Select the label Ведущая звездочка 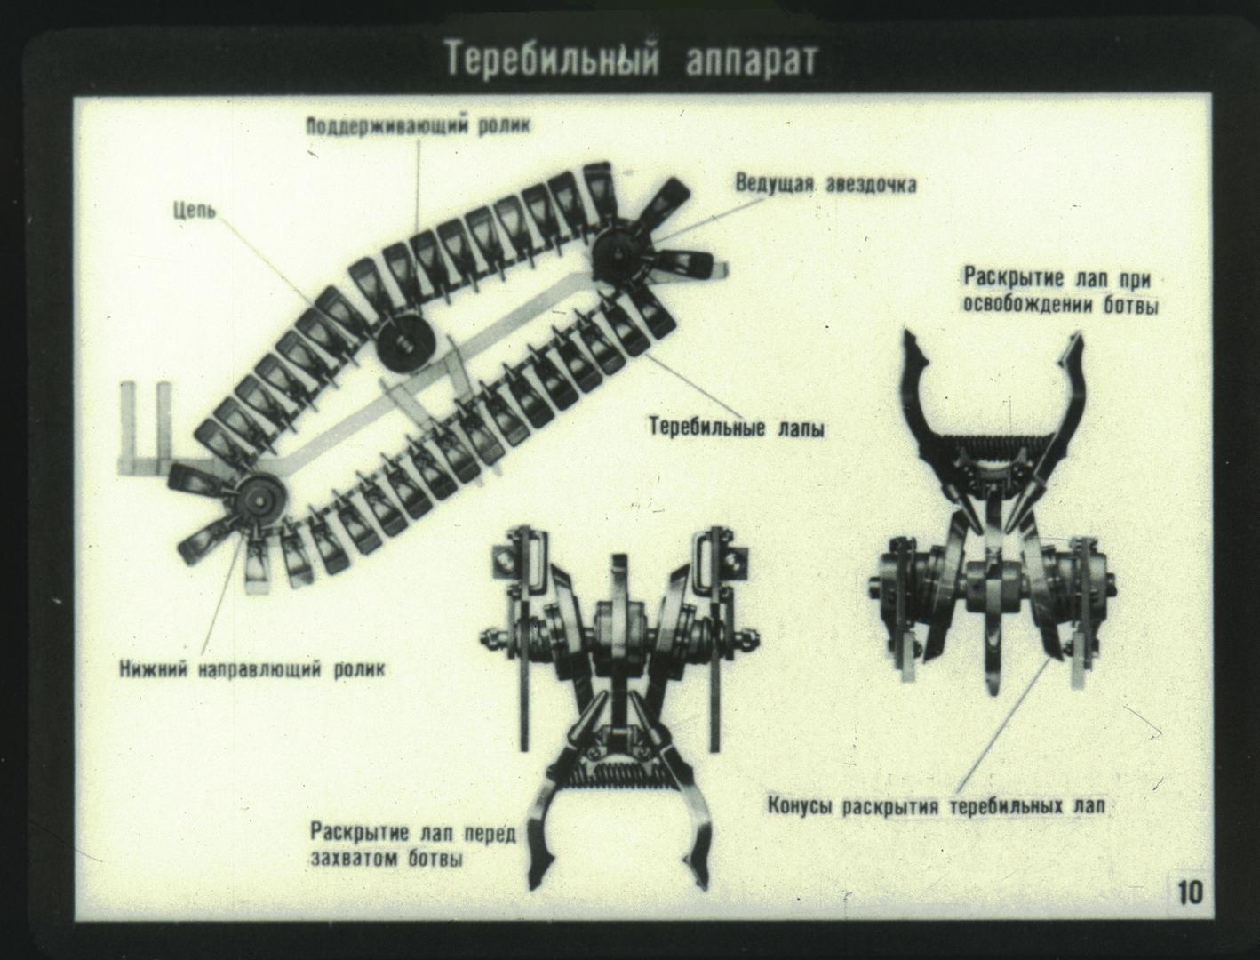(x=826, y=184)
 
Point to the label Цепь (x=195, y=212)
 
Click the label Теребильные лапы (x=737, y=428)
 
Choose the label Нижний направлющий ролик (x=252, y=670)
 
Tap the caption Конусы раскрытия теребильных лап (x=937, y=807)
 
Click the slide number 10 (x=1191, y=893)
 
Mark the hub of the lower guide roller (x=261, y=501)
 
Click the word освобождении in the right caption (x=1027, y=305)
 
